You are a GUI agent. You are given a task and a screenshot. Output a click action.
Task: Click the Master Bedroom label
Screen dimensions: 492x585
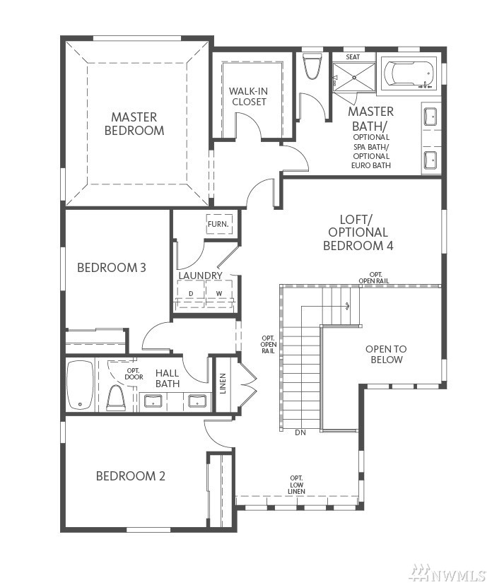(134, 124)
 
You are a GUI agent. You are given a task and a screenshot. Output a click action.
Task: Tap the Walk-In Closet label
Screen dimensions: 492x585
(249, 96)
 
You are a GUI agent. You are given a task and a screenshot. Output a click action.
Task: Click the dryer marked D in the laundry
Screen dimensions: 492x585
(191, 293)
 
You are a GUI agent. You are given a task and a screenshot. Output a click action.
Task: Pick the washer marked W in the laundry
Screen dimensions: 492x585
(218, 293)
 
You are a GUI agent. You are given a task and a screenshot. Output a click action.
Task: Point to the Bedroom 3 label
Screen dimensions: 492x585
(111, 268)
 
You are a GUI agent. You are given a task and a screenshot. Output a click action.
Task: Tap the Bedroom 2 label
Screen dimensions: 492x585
(130, 476)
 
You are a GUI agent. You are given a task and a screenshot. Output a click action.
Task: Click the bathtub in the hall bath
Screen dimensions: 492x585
(80, 385)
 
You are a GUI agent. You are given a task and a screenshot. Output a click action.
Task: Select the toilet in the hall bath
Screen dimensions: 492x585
(115, 398)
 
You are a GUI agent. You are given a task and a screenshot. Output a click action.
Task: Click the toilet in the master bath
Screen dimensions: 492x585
(312, 66)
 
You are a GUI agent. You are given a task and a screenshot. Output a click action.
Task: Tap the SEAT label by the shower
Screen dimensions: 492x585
(353, 57)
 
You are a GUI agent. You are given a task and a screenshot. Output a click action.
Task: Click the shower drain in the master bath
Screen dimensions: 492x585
(354, 77)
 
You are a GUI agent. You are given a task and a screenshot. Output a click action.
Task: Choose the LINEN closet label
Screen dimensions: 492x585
(223, 384)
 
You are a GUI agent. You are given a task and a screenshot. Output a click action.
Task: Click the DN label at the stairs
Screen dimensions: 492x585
(300, 433)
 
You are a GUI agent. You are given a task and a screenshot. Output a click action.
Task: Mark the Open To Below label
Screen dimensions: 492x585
(386, 355)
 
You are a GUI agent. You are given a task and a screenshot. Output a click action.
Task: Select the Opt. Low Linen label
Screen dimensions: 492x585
(296, 485)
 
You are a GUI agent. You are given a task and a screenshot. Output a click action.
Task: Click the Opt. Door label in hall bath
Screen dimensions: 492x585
(134, 374)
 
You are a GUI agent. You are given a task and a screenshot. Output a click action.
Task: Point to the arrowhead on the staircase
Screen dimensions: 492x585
(348, 307)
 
